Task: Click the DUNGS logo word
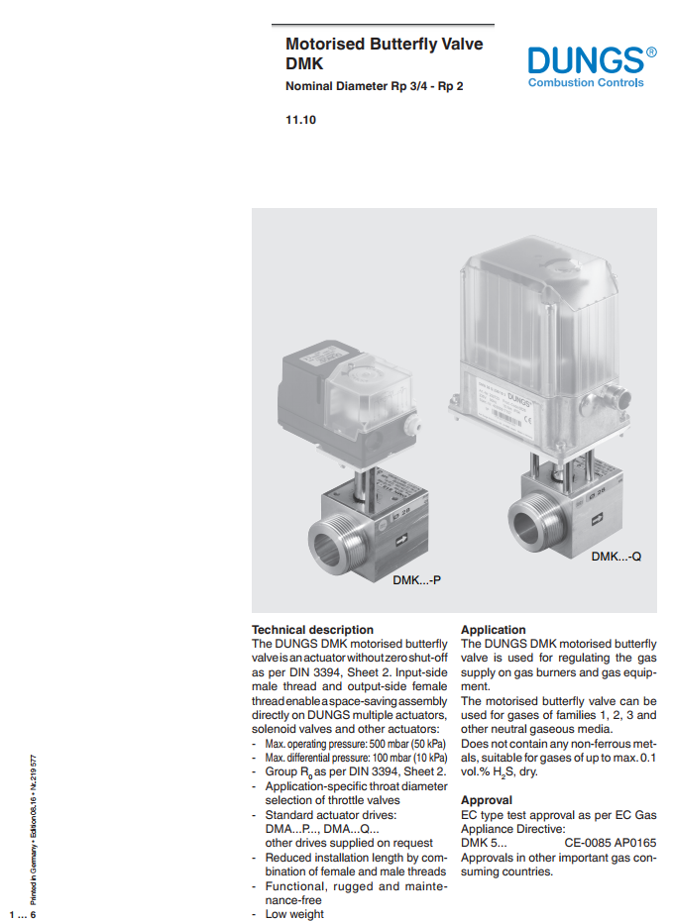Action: click(x=585, y=59)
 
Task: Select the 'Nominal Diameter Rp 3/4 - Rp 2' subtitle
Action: click(x=374, y=86)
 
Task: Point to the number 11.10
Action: click(x=301, y=121)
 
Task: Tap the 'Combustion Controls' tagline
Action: click(x=586, y=83)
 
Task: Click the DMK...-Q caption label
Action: click(x=617, y=557)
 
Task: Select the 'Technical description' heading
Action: click(x=312, y=629)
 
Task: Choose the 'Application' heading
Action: click(x=494, y=629)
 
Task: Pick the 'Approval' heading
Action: click(x=487, y=799)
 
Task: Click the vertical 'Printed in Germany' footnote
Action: click(x=34, y=832)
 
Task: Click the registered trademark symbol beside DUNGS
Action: click(x=650, y=51)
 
